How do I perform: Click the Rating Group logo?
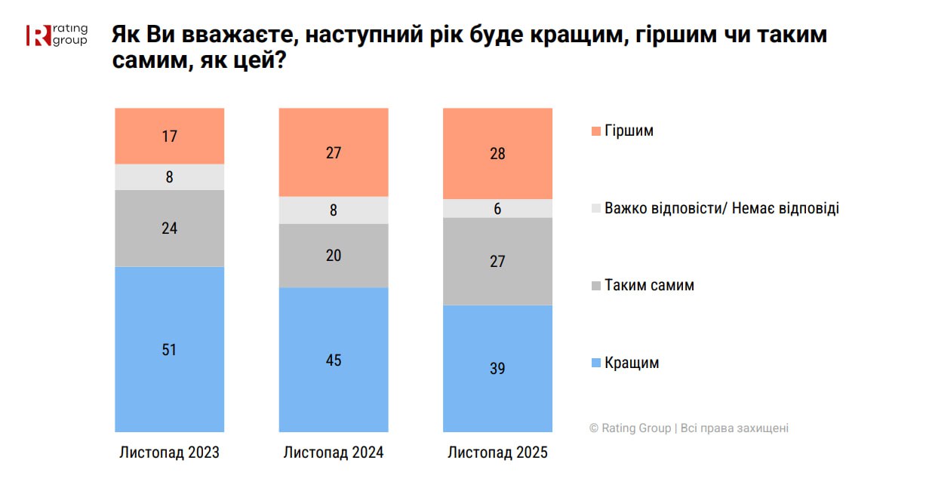57,35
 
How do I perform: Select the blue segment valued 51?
170,349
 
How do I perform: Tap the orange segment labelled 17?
170,137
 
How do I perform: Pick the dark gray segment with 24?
170,228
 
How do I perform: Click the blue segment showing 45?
334,360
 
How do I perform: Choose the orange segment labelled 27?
334,152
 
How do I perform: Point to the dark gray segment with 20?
334,256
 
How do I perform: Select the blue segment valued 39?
497,368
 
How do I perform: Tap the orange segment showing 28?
497,154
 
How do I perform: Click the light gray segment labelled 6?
497,209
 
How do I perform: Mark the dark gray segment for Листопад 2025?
497,261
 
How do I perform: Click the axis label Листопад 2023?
170,453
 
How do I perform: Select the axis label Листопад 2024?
334,453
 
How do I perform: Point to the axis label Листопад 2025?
497,453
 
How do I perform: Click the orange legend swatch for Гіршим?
596,131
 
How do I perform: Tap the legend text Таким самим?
649,286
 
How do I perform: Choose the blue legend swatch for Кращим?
596,363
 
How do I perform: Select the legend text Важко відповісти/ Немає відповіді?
721,208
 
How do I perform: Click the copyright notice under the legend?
688,428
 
